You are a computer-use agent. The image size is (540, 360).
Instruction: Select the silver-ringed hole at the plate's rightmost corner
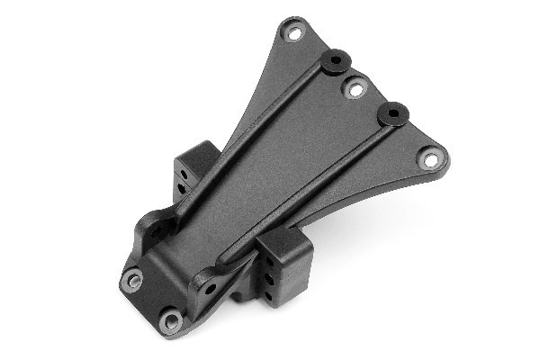click(x=430, y=159)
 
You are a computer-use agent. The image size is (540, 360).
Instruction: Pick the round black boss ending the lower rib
click(x=392, y=112)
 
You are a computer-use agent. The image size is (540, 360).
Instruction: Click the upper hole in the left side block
click(x=180, y=166)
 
